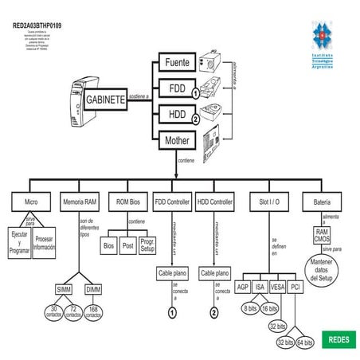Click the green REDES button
click(x=337, y=339)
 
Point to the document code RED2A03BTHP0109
click(x=37, y=25)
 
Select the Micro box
click(x=31, y=202)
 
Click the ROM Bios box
click(x=128, y=202)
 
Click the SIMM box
click(x=64, y=288)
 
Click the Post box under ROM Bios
click(x=127, y=247)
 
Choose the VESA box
click(x=277, y=288)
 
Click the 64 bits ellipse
click(x=304, y=343)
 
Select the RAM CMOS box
click(x=323, y=235)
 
